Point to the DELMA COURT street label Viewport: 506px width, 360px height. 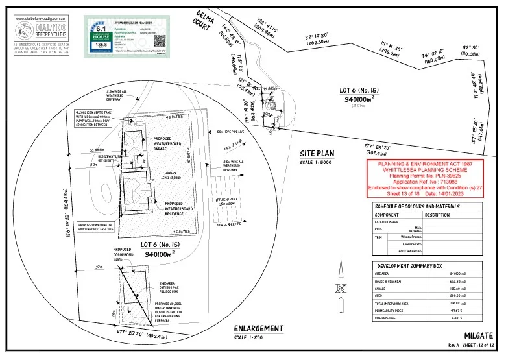click(204, 21)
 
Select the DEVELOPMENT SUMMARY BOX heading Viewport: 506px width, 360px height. click(412, 266)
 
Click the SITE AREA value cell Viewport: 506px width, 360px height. click(459, 275)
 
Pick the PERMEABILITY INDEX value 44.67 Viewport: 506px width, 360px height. click(459, 310)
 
